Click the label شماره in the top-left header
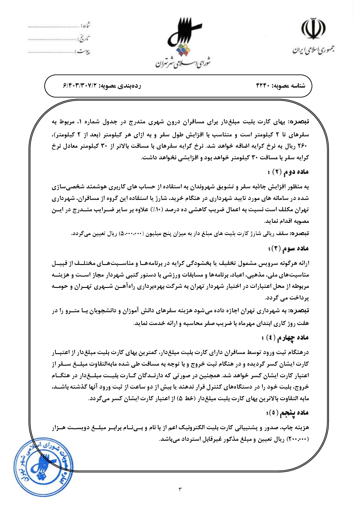click(85, 26)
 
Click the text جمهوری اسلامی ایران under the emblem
click(313, 50)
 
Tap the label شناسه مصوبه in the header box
click(289, 86)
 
